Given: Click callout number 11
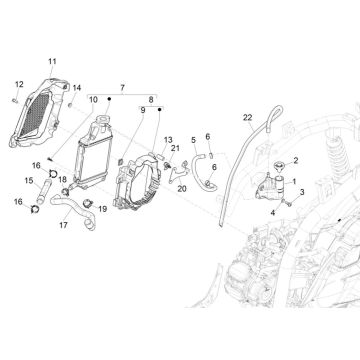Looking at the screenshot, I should (52, 63).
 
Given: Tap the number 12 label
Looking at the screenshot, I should (18, 84).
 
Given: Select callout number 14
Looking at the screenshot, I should (78, 88).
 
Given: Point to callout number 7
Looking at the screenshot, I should (123, 88).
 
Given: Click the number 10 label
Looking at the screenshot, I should (93, 100).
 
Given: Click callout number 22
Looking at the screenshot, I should (246, 118).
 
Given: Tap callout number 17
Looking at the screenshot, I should (63, 226).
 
